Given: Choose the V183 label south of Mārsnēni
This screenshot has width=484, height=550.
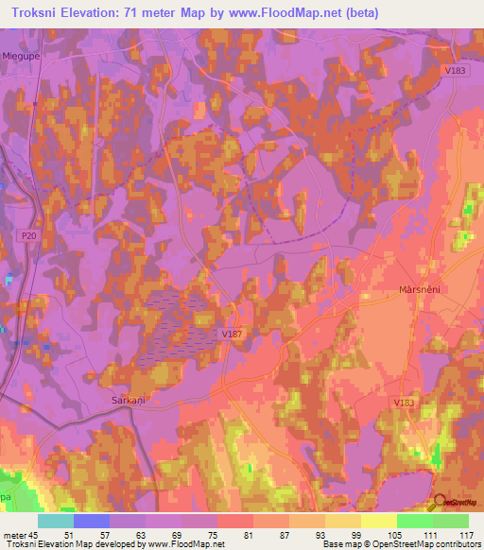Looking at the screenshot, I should (x=405, y=404).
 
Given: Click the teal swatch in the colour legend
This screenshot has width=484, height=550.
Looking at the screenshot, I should (x=55, y=521).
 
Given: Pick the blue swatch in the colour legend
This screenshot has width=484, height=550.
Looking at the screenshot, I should (x=91, y=521).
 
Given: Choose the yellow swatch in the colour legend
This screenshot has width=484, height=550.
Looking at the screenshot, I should (x=378, y=521).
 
